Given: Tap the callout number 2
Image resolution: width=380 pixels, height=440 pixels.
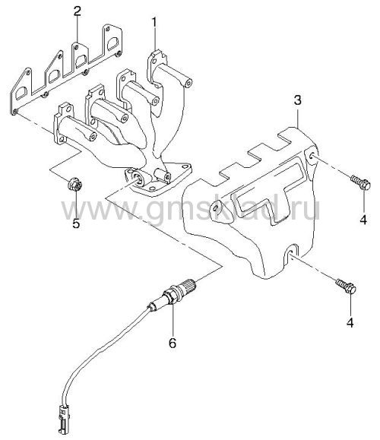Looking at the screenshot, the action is coord(78,11).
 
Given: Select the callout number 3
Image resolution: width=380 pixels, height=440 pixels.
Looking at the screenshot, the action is coord(297,100).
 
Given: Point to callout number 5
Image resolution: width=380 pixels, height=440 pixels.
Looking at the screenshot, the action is coord(76,223).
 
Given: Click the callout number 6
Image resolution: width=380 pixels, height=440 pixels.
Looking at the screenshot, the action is coord(172,343).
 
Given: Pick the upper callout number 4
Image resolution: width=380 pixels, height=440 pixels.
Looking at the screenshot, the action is coord(363,219).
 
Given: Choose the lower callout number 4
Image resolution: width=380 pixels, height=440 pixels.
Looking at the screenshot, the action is coord(350,322).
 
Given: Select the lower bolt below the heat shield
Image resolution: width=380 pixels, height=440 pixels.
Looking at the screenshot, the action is coord(347,286).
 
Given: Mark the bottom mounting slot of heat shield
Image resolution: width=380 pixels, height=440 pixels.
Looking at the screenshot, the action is coord(292,252).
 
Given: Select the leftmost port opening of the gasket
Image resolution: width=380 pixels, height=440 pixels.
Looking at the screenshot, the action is coord(21,93).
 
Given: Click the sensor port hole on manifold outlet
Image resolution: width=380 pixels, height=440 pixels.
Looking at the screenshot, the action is coord(138,178).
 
